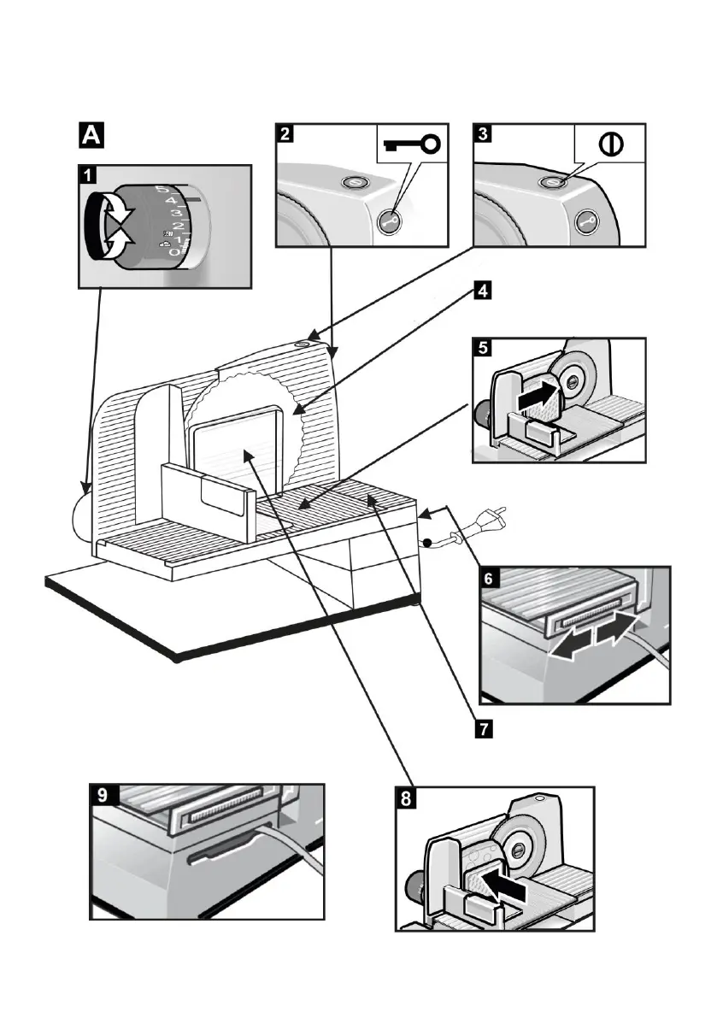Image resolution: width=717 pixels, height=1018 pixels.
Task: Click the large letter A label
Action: click(91, 136)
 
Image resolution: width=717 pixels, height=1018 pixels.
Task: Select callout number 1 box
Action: click(86, 176)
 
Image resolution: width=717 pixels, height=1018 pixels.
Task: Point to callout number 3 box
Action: click(484, 133)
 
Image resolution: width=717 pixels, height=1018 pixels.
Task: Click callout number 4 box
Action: click(483, 291)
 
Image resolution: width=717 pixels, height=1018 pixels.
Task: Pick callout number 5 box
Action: click(483, 348)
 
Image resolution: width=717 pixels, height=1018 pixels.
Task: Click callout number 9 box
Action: click(102, 795)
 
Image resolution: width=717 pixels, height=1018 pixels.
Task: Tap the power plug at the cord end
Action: click(484, 519)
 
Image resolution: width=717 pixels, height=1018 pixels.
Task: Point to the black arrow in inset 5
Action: click(535, 396)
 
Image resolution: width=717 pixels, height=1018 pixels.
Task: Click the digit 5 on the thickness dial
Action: click(162, 190)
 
